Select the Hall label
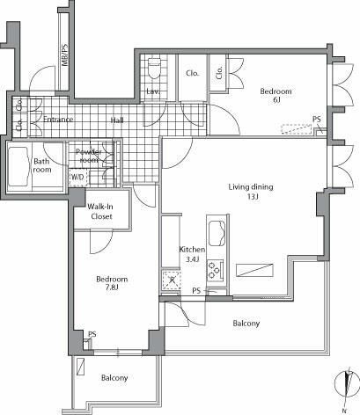coord(116,120)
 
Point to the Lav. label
coord(152,91)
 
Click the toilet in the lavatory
coord(154,66)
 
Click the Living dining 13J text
coord(251,192)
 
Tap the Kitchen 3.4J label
coord(191,254)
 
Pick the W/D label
coord(78,176)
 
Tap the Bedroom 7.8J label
coord(112,284)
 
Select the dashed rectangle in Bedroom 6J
coord(296,129)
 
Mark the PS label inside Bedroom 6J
coord(316,120)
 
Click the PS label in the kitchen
coord(196,290)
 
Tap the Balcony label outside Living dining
coord(246,324)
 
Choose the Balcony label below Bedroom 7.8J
coord(114,378)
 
